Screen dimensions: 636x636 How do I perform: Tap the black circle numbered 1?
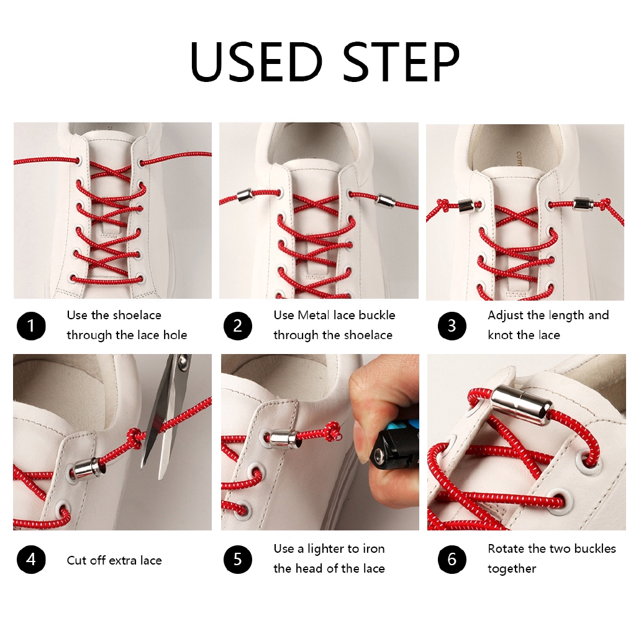[31, 325]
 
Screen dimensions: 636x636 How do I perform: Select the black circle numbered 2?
[238, 325]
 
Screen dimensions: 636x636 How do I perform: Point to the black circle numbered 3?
[452, 325]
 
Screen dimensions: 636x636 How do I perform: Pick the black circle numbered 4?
[31, 560]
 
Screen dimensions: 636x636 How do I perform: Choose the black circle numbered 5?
[238, 560]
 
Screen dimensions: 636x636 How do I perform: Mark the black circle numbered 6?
[452, 560]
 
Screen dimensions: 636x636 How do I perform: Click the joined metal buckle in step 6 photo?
[522, 405]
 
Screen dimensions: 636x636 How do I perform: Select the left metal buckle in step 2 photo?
[246, 196]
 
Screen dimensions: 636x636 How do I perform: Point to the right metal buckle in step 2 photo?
[386, 199]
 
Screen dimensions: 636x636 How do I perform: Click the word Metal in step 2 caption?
[314, 315]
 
